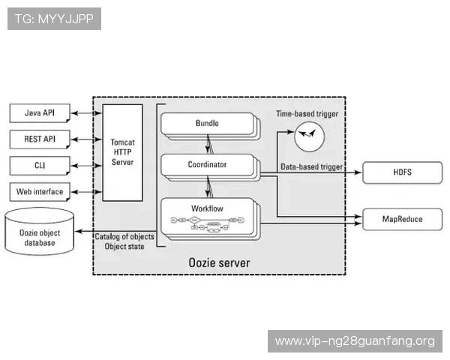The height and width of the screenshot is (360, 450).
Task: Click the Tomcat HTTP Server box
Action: coord(122,152)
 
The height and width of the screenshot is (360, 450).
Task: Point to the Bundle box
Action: coord(208,123)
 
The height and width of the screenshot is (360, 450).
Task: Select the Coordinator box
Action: coord(208,164)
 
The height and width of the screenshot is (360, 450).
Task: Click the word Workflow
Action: coord(208,208)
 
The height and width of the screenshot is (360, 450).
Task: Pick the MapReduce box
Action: coord(403,219)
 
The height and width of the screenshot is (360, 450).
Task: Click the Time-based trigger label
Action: coord(307,114)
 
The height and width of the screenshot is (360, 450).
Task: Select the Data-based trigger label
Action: coord(312,166)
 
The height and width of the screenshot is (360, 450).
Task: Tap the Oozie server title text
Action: coord(218,262)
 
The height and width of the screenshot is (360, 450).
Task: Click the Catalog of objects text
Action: coord(124,237)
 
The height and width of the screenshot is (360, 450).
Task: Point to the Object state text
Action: coord(124,246)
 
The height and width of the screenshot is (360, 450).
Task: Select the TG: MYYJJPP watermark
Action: coord(53,19)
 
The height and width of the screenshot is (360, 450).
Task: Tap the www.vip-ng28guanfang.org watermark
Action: coord(355,341)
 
